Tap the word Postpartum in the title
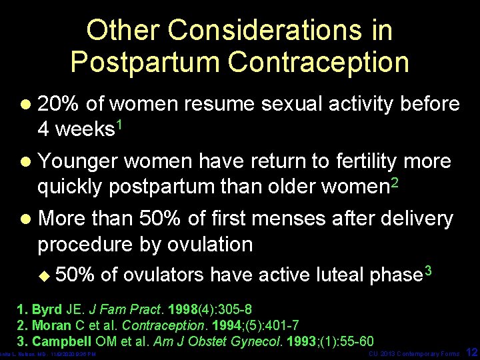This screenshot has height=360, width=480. [145, 61]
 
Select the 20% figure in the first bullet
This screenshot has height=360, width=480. [59, 104]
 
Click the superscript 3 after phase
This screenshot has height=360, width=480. [429, 270]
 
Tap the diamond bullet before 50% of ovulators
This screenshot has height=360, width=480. [45, 275]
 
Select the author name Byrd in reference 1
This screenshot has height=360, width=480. [48, 310]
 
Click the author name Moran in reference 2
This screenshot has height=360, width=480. [52, 325]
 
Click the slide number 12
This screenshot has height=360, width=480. [471, 351]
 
